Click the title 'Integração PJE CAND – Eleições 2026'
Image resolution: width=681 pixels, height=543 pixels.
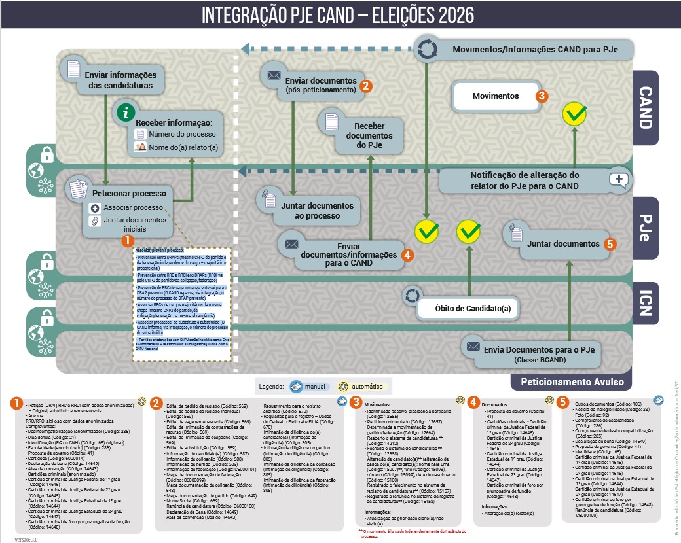coord(337,15)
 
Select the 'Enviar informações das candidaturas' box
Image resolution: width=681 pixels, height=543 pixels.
coord(118,79)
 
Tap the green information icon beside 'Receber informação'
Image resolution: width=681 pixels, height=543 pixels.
coord(126,112)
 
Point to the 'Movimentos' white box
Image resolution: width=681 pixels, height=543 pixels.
coord(495,96)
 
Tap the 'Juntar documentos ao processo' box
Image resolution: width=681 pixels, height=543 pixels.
coord(316,210)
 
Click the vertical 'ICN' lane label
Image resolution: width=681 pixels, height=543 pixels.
coord(644,304)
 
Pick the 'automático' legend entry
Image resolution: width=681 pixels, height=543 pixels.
coord(360,386)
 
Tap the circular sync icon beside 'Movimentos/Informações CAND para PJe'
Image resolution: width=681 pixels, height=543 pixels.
coord(426,50)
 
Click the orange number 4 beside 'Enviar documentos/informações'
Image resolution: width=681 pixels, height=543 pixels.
coord(408,255)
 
